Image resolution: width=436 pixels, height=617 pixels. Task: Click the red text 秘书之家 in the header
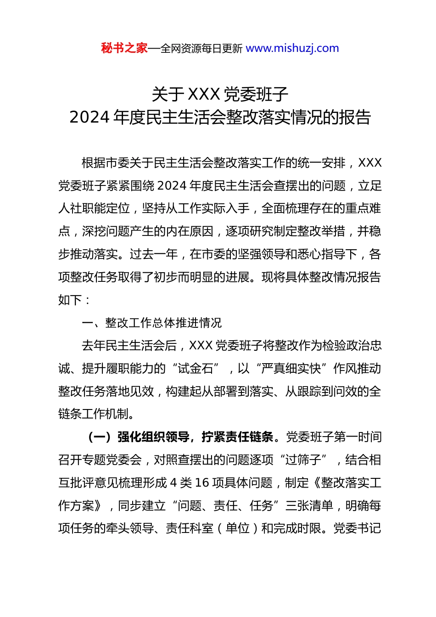tap(124, 48)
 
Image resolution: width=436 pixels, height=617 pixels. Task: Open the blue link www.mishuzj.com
tap(292, 48)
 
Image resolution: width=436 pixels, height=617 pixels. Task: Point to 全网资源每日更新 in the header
tap(201, 49)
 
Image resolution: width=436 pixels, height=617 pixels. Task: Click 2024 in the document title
tap(89, 118)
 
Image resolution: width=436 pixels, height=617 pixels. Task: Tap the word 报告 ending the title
tap(355, 118)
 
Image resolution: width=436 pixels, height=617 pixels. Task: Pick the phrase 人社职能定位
tap(94, 208)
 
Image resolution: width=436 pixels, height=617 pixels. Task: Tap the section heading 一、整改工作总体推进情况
tap(151, 323)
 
